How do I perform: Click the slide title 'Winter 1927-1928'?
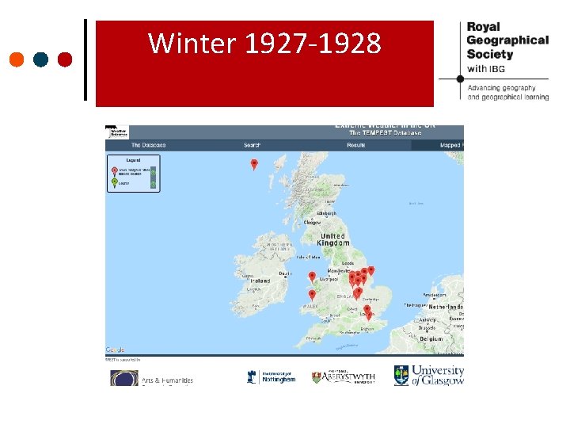pyautogui.click(x=264, y=44)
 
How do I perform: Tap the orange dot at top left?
pyautogui.click(x=17, y=59)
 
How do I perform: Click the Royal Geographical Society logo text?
pyautogui.click(x=507, y=40)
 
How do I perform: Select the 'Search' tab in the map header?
pyautogui.click(x=252, y=145)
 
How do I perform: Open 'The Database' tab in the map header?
pyautogui.click(x=148, y=145)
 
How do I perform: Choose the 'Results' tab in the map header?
pyautogui.click(x=356, y=145)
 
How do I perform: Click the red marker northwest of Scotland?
pyautogui.click(x=254, y=164)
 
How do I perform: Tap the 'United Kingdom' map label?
pyautogui.click(x=333, y=239)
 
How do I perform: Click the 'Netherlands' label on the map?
pyautogui.click(x=446, y=306)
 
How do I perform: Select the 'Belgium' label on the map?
pyautogui.click(x=431, y=338)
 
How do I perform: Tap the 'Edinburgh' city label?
pyautogui.click(x=327, y=213)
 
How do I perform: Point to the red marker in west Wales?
pyautogui.click(x=312, y=294)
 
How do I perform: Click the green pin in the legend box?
pyautogui.click(x=115, y=182)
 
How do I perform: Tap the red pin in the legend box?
pyautogui.click(x=115, y=170)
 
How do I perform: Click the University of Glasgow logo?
pyautogui.click(x=429, y=375)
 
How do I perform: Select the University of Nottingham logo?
pyautogui.click(x=271, y=376)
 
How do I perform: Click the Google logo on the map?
pyautogui.click(x=115, y=350)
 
